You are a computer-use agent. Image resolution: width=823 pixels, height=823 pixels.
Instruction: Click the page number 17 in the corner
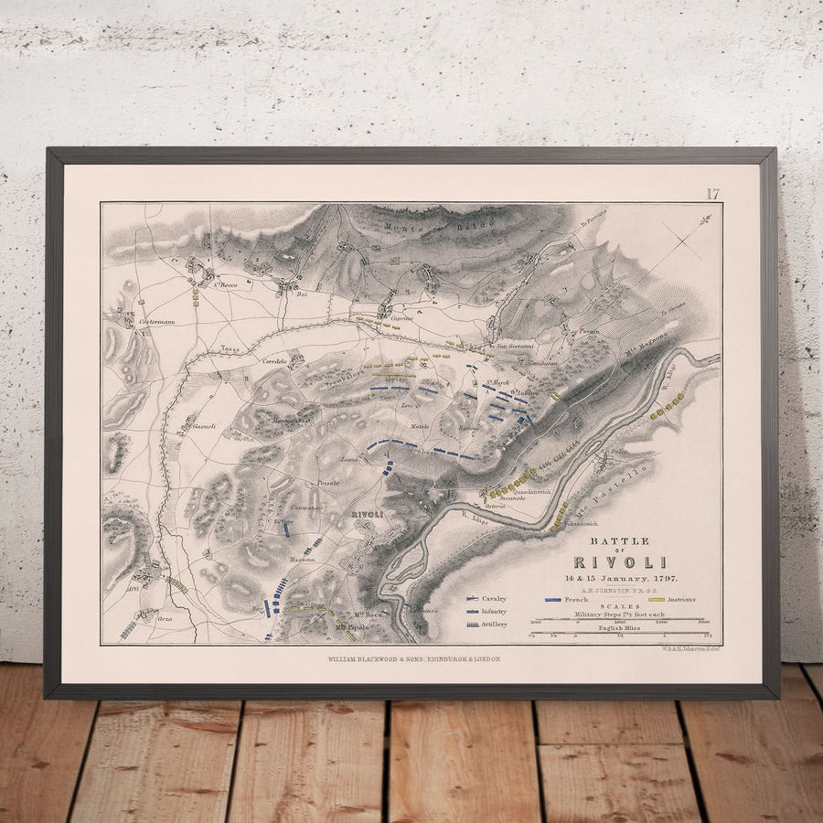point(712,193)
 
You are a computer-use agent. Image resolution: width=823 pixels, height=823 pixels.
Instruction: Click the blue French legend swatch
point(553,600)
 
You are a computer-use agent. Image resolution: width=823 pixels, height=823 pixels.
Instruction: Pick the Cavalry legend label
point(494,598)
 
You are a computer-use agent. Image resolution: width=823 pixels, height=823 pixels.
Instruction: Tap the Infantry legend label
point(494,611)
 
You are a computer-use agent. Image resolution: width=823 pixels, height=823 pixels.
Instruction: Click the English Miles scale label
point(618,627)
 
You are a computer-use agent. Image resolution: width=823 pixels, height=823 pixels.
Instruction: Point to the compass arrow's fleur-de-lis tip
point(706,219)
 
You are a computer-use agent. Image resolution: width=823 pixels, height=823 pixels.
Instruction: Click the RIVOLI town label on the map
point(367,515)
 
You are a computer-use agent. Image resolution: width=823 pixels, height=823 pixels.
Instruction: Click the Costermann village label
point(156,323)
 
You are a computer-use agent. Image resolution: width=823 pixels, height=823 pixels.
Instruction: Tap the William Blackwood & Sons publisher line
point(413,658)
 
